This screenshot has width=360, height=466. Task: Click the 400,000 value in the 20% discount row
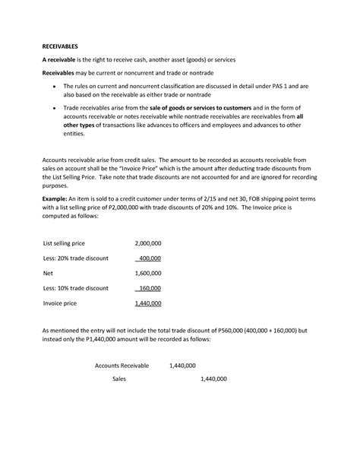click(x=150, y=258)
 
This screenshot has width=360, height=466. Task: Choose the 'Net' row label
click(x=47, y=274)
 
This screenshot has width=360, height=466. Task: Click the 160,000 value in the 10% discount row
click(x=150, y=288)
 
